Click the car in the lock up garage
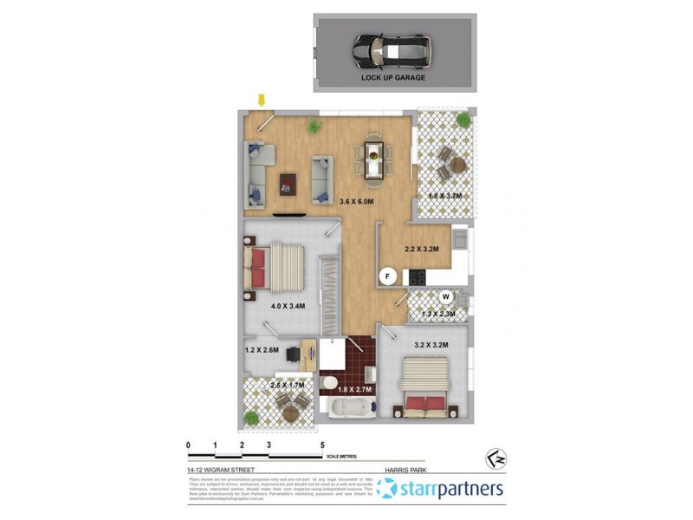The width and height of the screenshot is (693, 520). pyautogui.click(x=392, y=52)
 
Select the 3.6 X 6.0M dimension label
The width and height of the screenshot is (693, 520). pyautogui.click(x=356, y=202)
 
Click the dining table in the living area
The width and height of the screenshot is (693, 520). pyautogui.click(x=372, y=159)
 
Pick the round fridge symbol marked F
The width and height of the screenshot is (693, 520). pyautogui.click(x=389, y=276)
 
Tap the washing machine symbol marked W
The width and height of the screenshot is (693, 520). pyautogui.click(x=446, y=296)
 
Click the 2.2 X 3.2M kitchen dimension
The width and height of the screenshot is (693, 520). pyautogui.click(x=423, y=250)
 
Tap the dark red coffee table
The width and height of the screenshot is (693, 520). pyautogui.click(x=287, y=184)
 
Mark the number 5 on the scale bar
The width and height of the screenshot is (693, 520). pyautogui.click(x=322, y=445)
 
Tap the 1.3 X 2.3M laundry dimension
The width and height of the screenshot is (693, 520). pyautogui.click(x=438, y=314)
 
